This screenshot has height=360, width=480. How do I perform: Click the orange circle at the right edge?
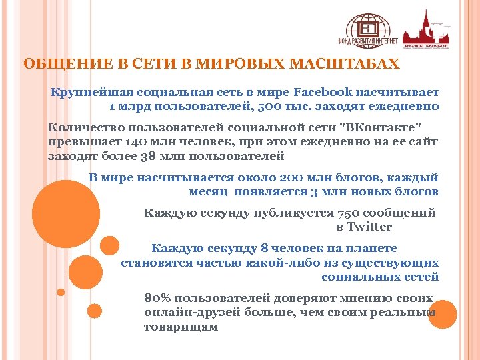(x=442, y=314)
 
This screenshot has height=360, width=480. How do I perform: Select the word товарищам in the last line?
(x=181, y=327)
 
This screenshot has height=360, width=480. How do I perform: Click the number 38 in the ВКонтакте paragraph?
(x=148, y=157)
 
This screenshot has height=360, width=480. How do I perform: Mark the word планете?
(x=373, y=248)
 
